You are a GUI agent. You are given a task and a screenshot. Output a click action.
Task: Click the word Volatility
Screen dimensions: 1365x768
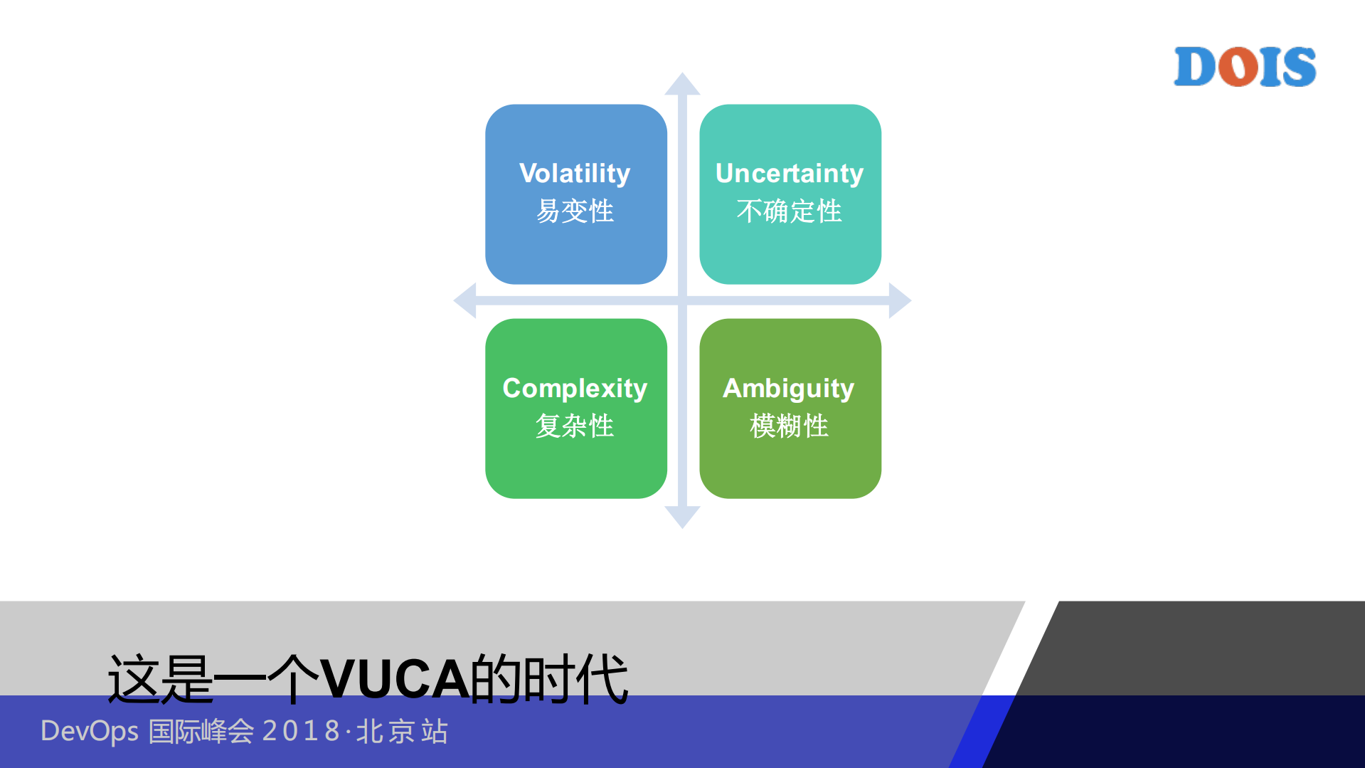coord(575,174)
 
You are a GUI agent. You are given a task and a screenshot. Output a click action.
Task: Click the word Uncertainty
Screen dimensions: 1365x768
coord(790,174)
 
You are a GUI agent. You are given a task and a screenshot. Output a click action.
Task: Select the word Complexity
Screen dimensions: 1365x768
coord(575,389)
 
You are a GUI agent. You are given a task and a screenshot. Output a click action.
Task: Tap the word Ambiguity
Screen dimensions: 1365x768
coord(789,389)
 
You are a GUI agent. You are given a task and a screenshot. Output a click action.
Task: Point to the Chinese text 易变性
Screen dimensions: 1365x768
coord(575,211)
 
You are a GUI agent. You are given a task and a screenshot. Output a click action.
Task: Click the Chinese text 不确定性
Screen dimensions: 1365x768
coord(790,211)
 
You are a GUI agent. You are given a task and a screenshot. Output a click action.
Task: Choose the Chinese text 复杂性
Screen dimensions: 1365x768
coord(575,426)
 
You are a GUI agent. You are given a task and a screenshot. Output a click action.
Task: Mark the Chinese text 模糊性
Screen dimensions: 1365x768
coord(790,426)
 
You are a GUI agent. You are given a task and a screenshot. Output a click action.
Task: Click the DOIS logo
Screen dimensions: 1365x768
coord(1245,67)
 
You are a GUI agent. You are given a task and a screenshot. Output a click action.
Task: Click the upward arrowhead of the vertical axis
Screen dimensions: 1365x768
coord(682,83)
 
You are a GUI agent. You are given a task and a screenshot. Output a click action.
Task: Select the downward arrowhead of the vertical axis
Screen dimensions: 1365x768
coord(682,517)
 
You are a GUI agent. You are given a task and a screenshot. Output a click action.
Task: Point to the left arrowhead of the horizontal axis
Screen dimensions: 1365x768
coord(465,300)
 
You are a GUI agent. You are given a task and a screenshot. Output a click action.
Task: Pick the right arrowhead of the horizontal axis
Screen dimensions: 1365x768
coord(900,300)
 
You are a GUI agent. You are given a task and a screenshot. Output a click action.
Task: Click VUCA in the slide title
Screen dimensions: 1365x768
coord(395,679)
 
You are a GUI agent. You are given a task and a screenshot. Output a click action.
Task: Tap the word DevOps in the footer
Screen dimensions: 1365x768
coord(90,732)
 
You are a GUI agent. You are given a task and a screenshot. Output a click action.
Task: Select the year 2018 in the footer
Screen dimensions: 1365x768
coord(302,731)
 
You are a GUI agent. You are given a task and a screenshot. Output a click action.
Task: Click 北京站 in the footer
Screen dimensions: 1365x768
coord(403,731)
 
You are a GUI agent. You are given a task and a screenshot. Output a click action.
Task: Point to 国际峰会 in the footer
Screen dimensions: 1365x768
coord(201,731)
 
